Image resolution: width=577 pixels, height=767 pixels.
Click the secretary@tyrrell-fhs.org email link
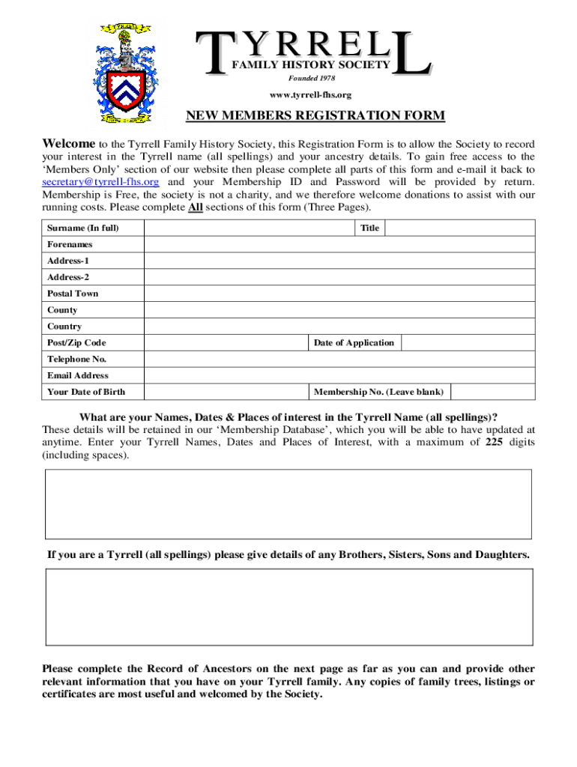click(x=100, y=182)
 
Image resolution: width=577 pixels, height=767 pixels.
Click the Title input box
click(x=459, y=228)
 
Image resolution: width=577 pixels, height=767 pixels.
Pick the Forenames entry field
click(x=339, y=245)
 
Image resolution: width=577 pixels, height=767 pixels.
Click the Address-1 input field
click(x=339, y=261)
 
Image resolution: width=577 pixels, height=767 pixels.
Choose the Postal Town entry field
click(x=339, y=294)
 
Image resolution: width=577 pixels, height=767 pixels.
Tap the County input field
click(x=339, y=310)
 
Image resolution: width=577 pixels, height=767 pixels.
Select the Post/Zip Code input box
click(x=226, y=343)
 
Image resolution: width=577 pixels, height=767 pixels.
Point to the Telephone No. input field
click(x=339, y=360)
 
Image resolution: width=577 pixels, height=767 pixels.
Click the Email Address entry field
click(x=339, y=376)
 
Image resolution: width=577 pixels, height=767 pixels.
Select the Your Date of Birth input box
click(x=226, y=392)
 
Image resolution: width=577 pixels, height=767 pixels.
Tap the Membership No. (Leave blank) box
click(x=492, y=392)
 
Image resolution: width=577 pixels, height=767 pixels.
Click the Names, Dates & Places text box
click(x=288, y=503)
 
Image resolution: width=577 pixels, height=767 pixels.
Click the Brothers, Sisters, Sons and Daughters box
click(x=288, y=607)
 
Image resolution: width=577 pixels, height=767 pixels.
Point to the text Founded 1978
click(x=312, y=79)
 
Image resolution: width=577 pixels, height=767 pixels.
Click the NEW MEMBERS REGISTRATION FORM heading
click(x=315, y=115)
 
